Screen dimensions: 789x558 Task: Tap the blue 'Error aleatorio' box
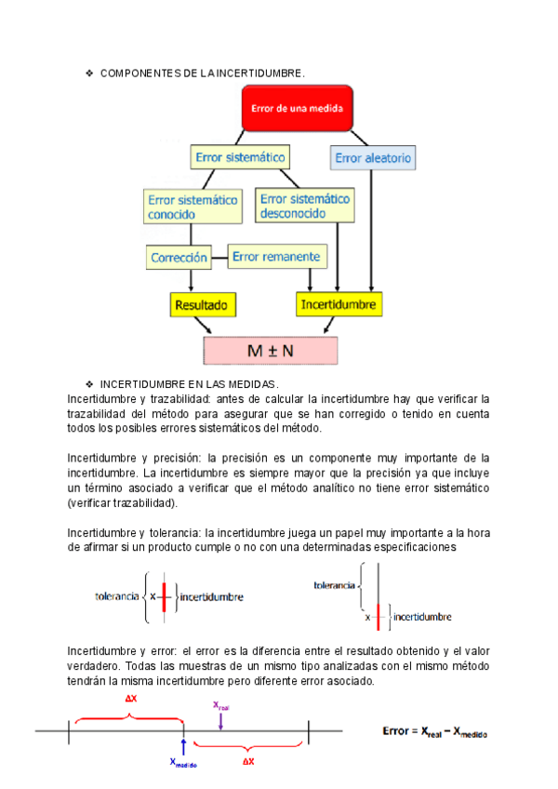[x=373, y=158]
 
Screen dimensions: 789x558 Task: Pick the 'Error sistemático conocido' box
[x=192, y=206]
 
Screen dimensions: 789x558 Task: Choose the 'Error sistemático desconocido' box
[x=306, y=206]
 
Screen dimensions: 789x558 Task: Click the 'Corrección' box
[x=179, y=256]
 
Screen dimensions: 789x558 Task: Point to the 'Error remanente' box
[x=276, y=256]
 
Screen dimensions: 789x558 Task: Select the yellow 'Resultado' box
[x=201, y=304]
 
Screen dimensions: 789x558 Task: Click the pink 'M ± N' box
[x=271, y=351]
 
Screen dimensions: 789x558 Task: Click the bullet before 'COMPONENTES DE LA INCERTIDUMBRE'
[x=89, y=73]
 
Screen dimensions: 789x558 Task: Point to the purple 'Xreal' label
[x=220, y=706]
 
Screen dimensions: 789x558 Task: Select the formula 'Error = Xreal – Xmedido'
[x=435, y=732]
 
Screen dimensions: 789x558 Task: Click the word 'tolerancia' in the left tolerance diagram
[x=117, y=596]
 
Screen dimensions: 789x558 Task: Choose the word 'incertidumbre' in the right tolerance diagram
[x=422, y=616]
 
